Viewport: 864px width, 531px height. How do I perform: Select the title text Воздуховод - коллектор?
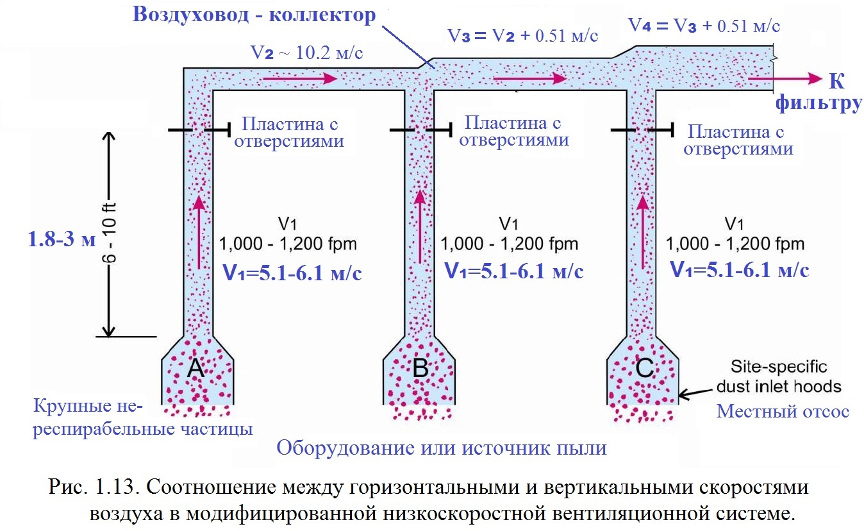[x=254, y=15]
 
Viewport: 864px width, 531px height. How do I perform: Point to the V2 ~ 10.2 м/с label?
[x=306, y=53]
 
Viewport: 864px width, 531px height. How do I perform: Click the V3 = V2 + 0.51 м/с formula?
[x=522, y=35]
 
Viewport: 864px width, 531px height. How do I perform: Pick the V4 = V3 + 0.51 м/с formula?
[x=704, y=26]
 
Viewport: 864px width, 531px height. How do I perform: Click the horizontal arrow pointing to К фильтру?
[x=785, y=79]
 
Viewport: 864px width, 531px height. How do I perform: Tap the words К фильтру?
[x=818, y=92]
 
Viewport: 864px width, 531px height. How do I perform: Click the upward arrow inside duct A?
[x=199, y=232]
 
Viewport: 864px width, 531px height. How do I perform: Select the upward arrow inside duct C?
[x=643, y=232]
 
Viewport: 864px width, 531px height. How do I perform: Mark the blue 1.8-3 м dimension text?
[x=62, y=239]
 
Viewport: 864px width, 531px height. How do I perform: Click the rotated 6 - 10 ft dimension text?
[x=109, y=233]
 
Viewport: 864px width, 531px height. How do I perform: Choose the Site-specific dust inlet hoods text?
[x=779, y=376]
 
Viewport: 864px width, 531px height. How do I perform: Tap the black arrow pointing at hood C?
[x=695, y=394]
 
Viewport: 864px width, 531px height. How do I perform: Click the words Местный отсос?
[x=783, y=411]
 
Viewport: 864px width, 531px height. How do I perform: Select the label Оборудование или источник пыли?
[x=442, y=448]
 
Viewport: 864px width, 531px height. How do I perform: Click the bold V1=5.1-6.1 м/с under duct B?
[x=514, y=271]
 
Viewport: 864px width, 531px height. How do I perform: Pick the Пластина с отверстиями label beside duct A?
[x=289, y=133]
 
